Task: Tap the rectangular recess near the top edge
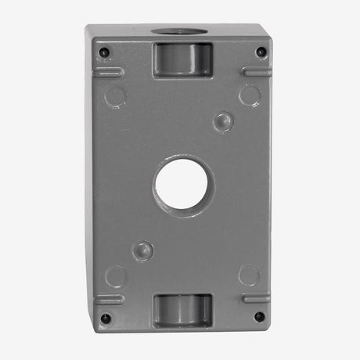point(183,59)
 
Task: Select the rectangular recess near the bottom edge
point(182,310)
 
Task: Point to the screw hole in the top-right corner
point(261,52)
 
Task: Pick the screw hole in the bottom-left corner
point(105,318)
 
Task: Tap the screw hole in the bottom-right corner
point(260,317)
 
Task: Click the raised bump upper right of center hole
point(224,121)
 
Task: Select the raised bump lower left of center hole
point(142,250)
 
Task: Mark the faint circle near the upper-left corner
point(116,97)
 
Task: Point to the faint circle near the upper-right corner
point(249,95)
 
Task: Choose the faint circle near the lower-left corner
point(116,275)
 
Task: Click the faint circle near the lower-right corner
point(249,275)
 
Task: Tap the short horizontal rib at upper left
point(109,72)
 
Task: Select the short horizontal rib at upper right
point(256,71)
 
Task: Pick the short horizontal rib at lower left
point(109,299)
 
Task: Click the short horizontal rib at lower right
point(256,298)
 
